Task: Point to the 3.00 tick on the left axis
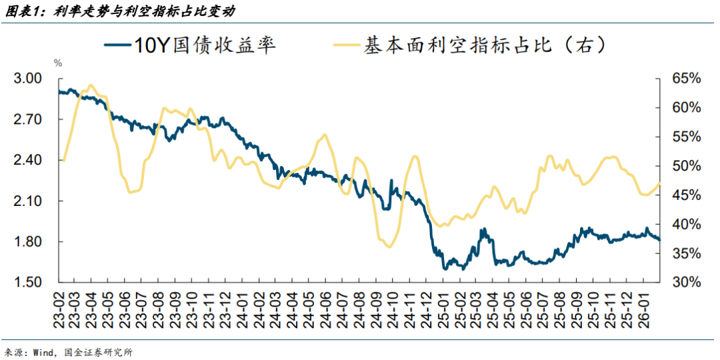28,79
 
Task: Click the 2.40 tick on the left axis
28,160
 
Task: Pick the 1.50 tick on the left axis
28,282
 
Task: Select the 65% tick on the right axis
685,79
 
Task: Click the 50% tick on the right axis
685,166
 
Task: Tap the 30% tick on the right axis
685,282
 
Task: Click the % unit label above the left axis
58,63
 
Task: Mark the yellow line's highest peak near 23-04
91,85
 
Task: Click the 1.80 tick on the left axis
28,241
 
